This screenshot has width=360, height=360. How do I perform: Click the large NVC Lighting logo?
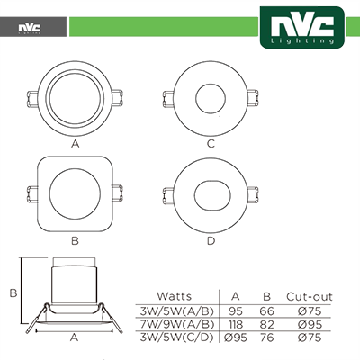pos(302,27)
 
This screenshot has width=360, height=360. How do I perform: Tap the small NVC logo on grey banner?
pos(30,28)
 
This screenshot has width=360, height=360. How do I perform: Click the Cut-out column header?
pos(310,297)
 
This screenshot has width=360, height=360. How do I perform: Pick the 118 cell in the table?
pos(236,325)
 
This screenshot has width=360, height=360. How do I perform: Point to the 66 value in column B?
pos(266,311)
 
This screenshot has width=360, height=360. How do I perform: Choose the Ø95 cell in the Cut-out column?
pos(310,325)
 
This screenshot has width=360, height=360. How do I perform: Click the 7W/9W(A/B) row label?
pos(177,325)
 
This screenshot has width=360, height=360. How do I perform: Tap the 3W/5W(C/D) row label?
pos(176,337)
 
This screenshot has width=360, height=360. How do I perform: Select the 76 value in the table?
pos(266,337)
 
